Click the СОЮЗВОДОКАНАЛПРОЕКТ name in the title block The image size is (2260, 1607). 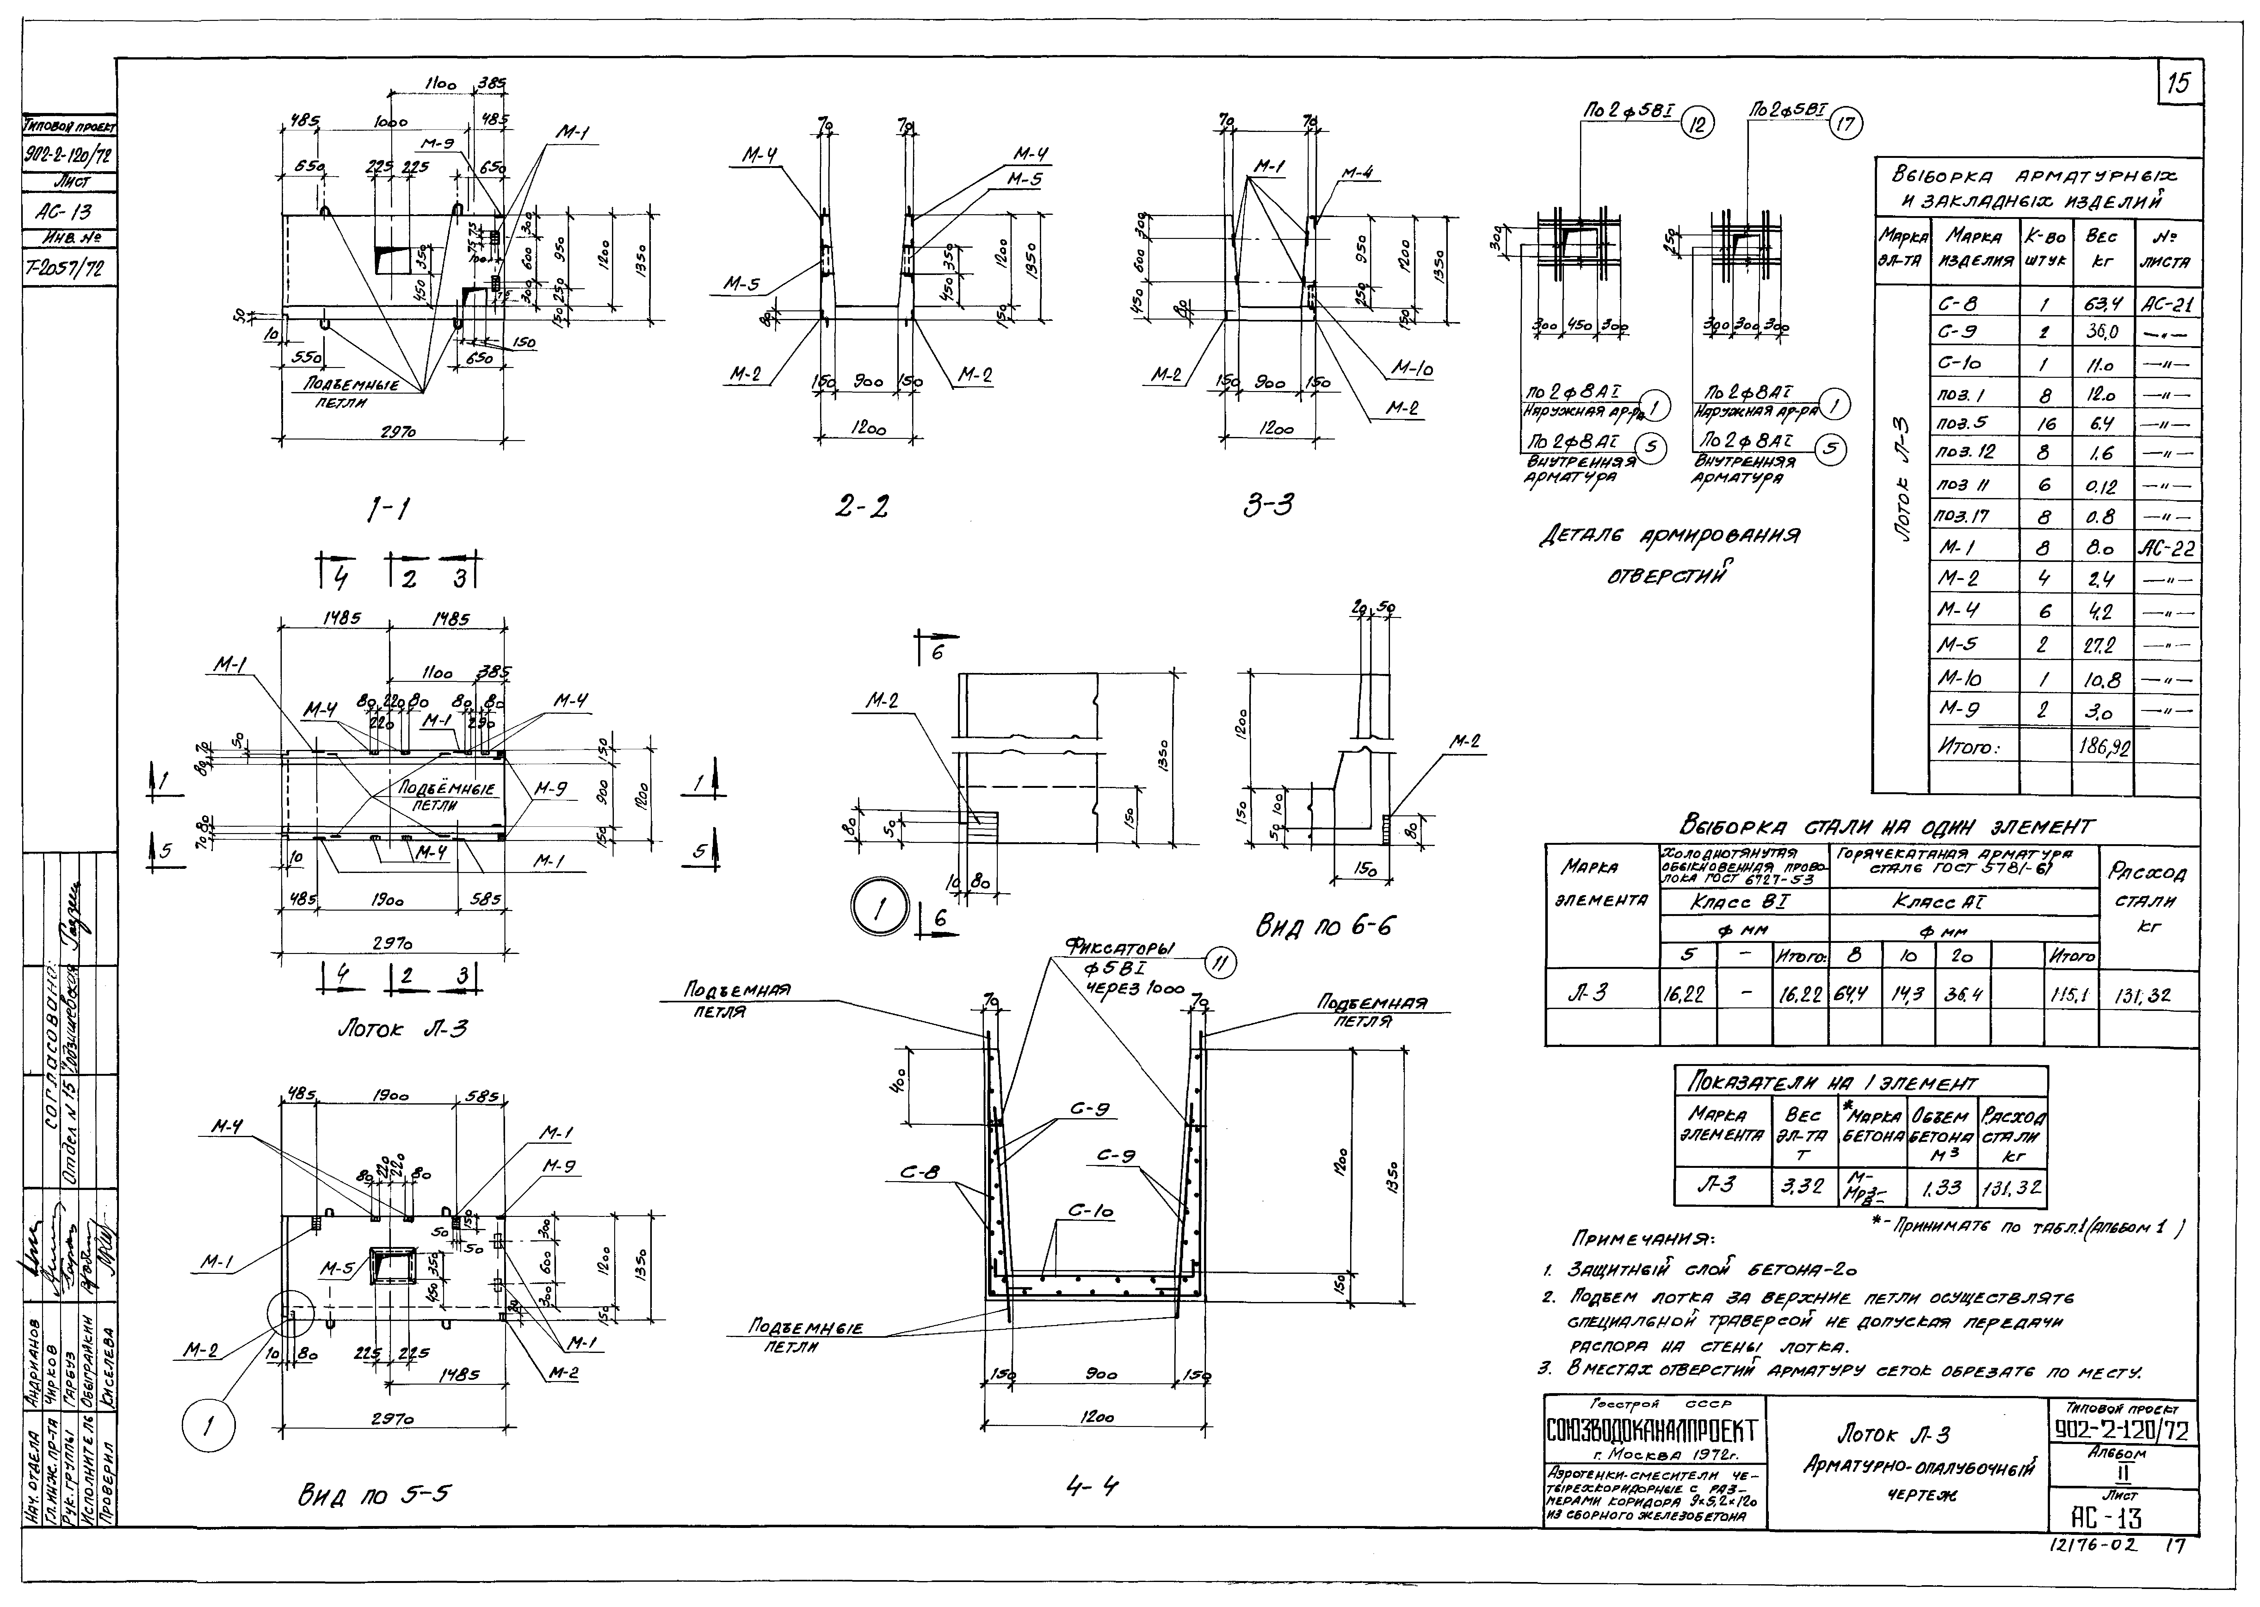coord(1652,1431)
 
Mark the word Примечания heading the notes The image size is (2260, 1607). coord(1642,1239)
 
